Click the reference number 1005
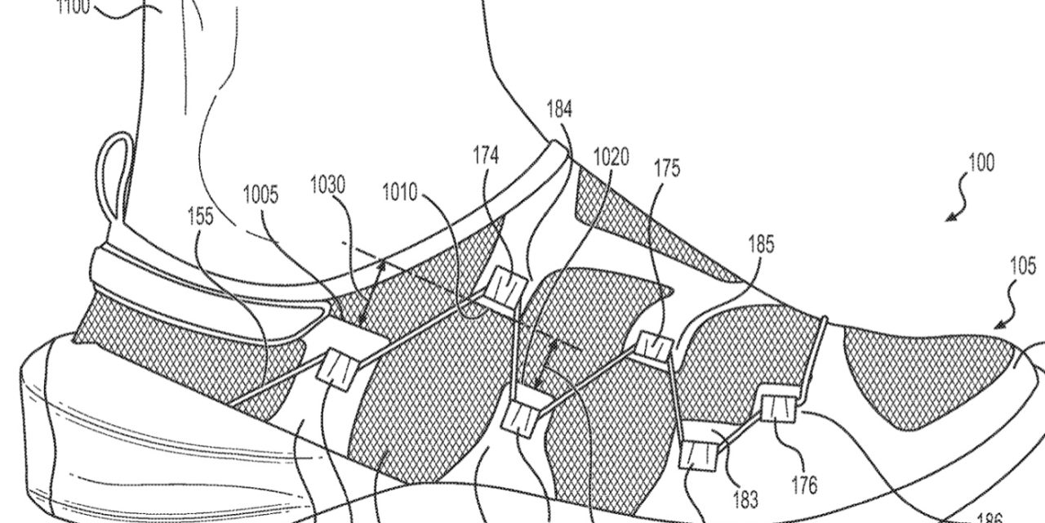[260, 194]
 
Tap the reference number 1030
[327, 186]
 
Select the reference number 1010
[399, 194]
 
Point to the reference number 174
[485, 155]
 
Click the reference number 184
[559, 109]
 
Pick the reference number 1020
[611, 156]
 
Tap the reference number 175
[666, 169]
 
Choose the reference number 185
[760, 244]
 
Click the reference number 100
[981, 163]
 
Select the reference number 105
[1021, 266]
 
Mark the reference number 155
[200, 216]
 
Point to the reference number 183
[745, 498]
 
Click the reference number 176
[804, 486]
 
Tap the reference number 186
[989, 516]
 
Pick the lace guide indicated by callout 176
[780, 405]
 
